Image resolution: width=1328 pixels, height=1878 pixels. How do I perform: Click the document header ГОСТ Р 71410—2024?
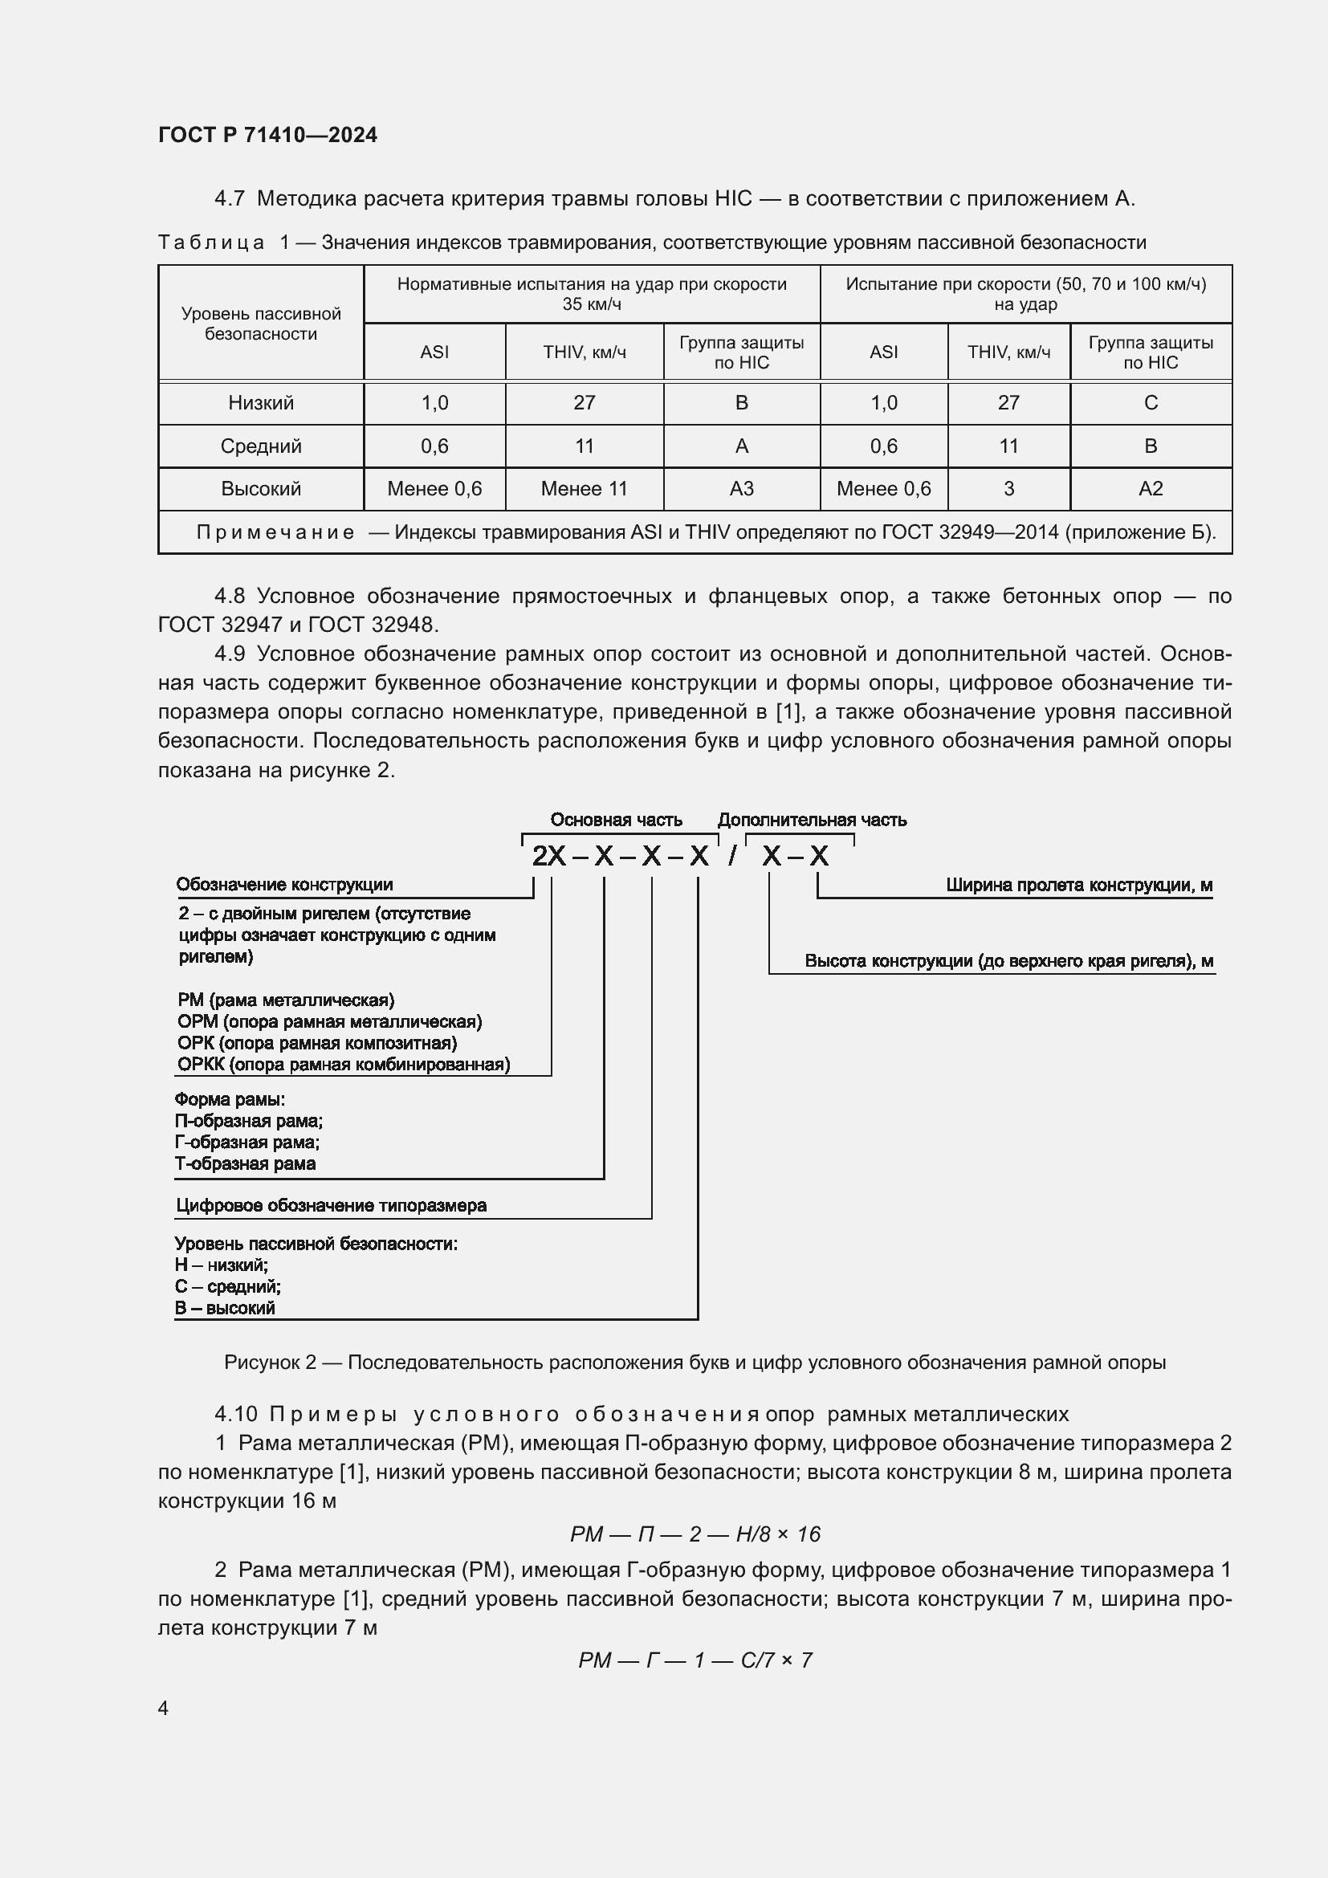click(x=267, y=135)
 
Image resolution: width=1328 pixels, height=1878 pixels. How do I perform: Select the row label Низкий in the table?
click(x=261, y=402)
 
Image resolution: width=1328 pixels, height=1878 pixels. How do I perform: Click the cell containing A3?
click(x=741, y=488)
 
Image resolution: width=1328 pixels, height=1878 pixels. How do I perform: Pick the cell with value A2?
click(x=1150, y=488)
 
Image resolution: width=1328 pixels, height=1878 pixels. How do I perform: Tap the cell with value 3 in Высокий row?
click(x=1008, y=488)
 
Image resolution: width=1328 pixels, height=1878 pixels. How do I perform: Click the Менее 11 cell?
click(x=584, y=488)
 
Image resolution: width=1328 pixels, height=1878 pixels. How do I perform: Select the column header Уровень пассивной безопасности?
click(x=261, y=324)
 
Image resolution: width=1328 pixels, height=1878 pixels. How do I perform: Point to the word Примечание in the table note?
click(x=275, y=532)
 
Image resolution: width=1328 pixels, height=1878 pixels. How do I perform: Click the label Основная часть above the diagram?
click(x=616, y=820)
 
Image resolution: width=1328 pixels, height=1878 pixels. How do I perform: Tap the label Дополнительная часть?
click(x=811, y=820)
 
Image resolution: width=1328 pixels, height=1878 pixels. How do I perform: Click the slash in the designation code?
click(x=733, y=856)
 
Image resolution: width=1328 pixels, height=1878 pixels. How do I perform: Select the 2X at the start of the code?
click(x=548, y=856)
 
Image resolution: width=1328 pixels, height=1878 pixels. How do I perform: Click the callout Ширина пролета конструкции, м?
click(x=1078, y=885)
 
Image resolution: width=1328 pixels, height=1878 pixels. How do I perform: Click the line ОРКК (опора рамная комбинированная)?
click(x=344, y=1064)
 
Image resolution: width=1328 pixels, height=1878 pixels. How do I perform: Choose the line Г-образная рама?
click(x=247, y=1142)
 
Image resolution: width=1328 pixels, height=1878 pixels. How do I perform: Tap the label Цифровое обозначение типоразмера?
click(x=331, y=1205)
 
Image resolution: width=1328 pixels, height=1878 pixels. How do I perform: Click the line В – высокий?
click(x=225, y=1308)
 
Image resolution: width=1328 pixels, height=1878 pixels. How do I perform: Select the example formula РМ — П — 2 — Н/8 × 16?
click(x=695, y=1534)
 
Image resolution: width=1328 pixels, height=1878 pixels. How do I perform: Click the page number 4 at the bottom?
click(x=164, y=1708)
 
